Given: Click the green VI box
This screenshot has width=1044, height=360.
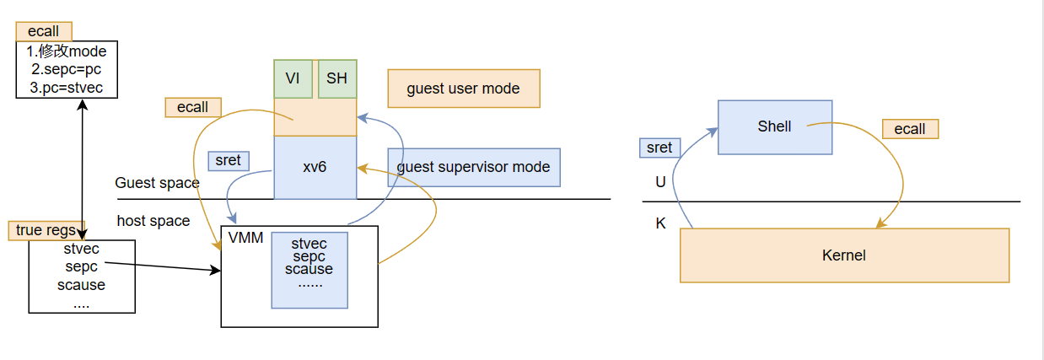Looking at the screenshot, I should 293,78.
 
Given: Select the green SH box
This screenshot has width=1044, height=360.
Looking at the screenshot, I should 336,78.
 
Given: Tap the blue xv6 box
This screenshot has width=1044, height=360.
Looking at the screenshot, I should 315,167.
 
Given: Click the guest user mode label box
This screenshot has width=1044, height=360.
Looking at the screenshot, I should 463,89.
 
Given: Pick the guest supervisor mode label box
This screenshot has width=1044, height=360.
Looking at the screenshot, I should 473,167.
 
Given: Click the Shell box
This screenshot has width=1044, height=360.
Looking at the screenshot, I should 774,127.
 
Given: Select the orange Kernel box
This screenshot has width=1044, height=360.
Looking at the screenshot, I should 843,255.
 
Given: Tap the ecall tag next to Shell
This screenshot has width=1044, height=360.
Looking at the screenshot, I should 910,129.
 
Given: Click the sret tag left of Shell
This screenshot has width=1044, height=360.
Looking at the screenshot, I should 659,148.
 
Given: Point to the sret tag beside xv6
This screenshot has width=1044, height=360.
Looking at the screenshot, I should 228,160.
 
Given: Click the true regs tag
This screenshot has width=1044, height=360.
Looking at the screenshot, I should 47,230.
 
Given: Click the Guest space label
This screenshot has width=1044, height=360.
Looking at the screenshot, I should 157,183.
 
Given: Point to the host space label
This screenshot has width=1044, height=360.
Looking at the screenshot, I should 153,221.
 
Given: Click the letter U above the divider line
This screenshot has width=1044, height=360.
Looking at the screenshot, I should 660,181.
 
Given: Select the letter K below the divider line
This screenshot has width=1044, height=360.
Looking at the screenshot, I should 660,224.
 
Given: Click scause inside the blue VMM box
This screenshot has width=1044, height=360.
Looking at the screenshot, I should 309,270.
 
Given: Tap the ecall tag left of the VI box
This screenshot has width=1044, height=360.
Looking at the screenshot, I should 192,108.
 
